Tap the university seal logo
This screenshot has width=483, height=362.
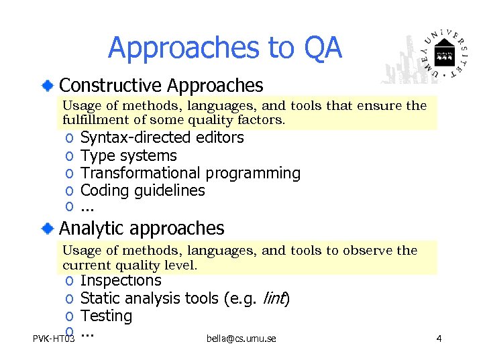443,53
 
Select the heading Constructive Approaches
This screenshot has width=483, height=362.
161,85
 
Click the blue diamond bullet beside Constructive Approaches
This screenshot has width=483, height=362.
46,85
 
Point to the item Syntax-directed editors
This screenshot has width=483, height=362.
162,138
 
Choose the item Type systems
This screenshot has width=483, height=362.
128,156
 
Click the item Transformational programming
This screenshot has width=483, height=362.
190,173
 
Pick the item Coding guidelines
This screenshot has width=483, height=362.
142,190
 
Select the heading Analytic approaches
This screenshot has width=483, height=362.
142,228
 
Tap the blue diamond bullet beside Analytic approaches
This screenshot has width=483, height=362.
46,229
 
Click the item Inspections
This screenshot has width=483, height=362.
121,280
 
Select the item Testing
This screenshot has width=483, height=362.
106,316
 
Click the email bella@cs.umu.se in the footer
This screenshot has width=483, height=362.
241,339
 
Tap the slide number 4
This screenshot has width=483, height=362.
438,339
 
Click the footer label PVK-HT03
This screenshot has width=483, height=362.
54,339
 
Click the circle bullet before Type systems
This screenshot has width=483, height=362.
69,156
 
